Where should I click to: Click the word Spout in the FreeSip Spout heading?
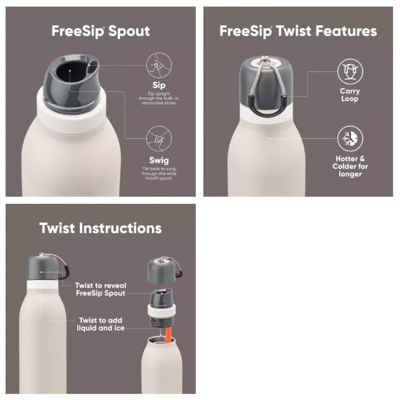tap(129, 31)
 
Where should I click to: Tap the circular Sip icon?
tap(159, 65)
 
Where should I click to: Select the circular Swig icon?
tap(159, 138)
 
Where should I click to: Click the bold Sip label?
tap(159, 86)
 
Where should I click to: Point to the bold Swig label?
tap(159, 160)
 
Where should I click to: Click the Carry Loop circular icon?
tap(350, 72)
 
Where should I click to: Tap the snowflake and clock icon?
tap(350, 138)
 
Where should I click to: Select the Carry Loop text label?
tap(350, 95)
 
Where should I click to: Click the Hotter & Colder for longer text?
tap(350, 166)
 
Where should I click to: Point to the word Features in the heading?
tap(346, 31)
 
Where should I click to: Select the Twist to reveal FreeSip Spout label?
tap(100, 289)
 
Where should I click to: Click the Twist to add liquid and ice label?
tap(100, 324)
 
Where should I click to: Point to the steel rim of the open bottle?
tap(162, 340)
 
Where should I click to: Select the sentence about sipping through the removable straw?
tap(159, 98)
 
